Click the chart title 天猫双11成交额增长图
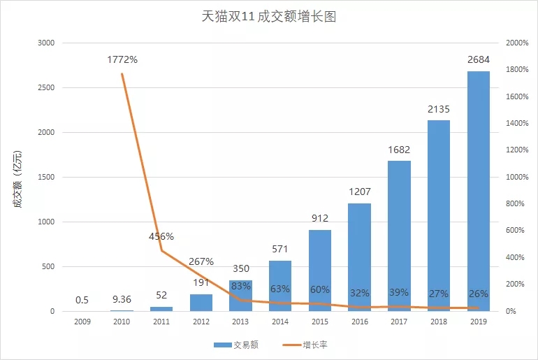point(268,17)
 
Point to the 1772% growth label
point(122,59)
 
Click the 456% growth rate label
point(161,236)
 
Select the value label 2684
point(478,59)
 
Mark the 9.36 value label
point(122,300)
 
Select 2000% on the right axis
point(516,43)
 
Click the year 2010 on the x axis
point(122,322)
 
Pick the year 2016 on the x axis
point(359,322)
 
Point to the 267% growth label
point(201,262)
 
